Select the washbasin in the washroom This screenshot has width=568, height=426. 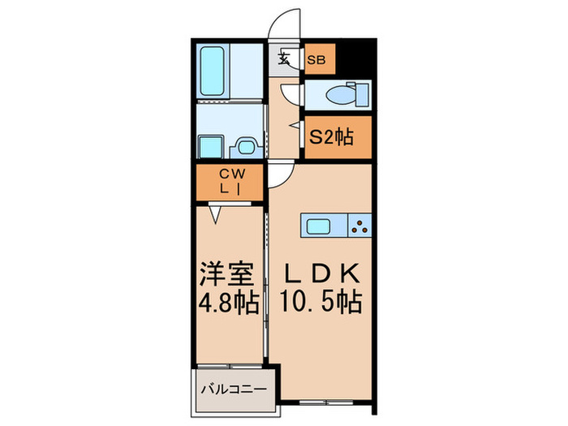coord(211,147)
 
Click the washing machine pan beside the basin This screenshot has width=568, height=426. coord(245,147)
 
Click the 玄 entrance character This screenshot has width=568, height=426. coord(286,58)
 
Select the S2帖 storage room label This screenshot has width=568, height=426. coord(330,137)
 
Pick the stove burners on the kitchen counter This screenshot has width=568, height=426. coord(359,225)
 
